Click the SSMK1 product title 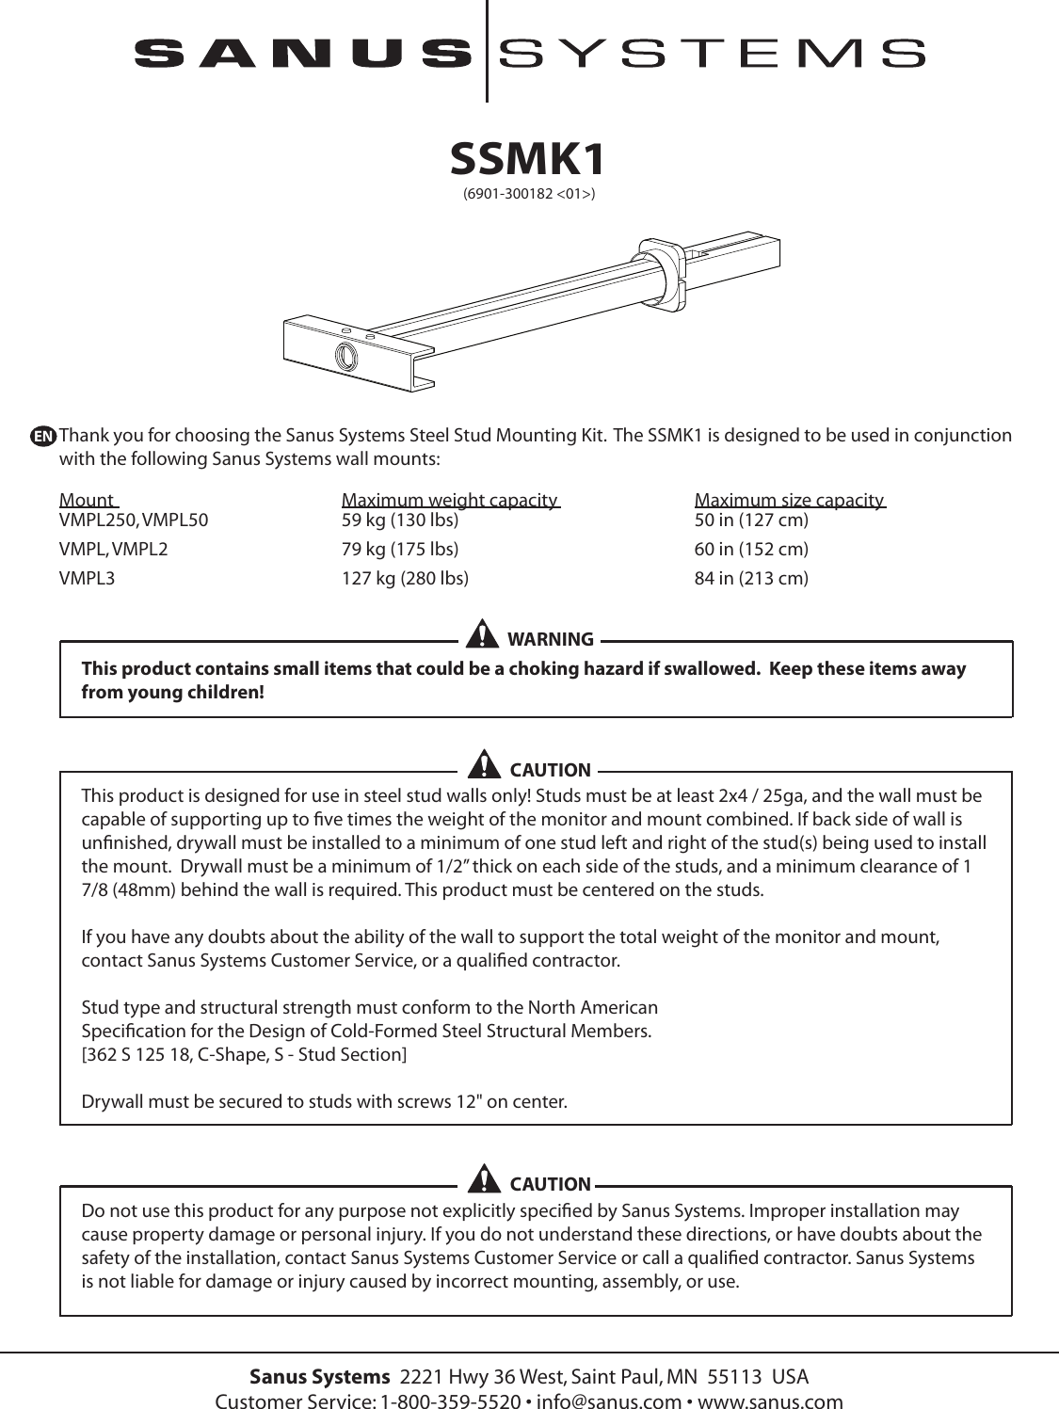coord(528,160)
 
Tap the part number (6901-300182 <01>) coord(528,195)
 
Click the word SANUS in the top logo coord(303,53)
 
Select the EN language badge coord(42,437)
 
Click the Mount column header coord(87,500)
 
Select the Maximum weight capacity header coord(449,500)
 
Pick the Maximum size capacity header coord(789,500)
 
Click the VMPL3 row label coord(87,578)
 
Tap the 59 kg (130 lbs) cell coord(399,520)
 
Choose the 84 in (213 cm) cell coord(750,578)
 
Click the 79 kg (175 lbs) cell coord(399,549)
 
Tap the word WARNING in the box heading coord(550,640)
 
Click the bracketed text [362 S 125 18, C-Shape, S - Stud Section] coord(245,1054)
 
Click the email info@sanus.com coord(608,1401)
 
